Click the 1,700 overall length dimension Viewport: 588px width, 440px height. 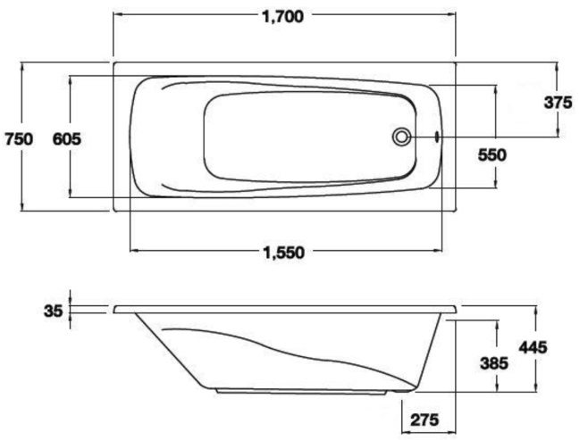[x=282, y=17]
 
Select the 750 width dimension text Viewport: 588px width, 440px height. [x=19, y=139]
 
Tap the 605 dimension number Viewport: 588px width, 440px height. [x=67, y=139]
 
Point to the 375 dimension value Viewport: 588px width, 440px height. [x=558, y=103]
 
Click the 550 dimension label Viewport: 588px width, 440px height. [x=492, y=154]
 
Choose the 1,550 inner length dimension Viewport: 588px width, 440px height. [x=284, y=253]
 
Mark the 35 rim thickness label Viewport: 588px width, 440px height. [x=53, y=311]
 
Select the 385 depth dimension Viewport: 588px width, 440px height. [x=494, y=362]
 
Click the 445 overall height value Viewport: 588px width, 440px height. [x=533, y=347]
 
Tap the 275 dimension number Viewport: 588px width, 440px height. [x=424, y=419]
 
